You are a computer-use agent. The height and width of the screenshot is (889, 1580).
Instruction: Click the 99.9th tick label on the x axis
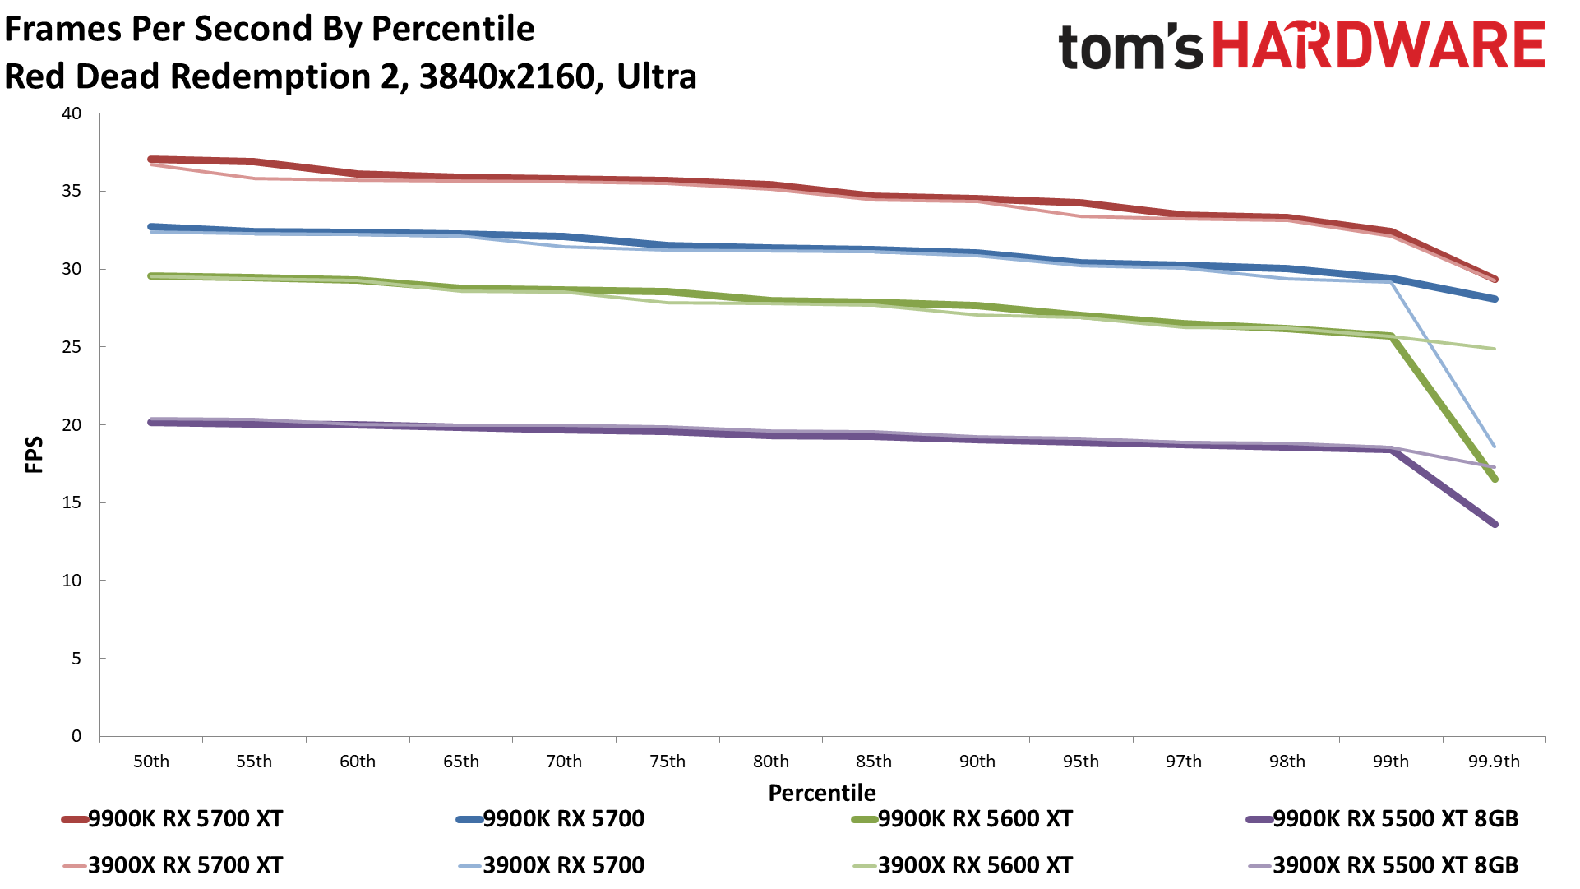[x=1494, y=762]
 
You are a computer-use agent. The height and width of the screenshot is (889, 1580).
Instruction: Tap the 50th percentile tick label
[x=151, y=762]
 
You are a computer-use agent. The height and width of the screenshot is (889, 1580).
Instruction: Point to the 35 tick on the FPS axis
[x=72, y=192]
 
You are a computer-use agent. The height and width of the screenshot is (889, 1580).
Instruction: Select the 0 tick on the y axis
[x=76, y=736]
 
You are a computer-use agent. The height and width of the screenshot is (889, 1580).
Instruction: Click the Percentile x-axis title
[x=822, y=793]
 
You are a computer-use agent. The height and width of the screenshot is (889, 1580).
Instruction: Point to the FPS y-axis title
[x=34, y=455]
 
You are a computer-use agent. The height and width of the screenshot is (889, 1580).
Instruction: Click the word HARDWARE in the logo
[x=1379, y=45]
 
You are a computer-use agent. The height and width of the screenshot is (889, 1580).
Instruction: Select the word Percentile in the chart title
[x=453, y=29]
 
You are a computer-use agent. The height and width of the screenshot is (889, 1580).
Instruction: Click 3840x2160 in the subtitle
[x=506, y=76]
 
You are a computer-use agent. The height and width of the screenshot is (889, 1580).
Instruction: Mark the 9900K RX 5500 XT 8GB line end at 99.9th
[x=1495, y=524]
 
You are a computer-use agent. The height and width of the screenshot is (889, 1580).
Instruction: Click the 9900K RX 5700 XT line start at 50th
[x=151, y=159]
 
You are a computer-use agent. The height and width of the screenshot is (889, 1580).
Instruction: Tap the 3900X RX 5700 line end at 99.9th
[x=1495, y=447]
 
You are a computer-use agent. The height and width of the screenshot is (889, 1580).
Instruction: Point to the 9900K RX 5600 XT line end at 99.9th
[x=1495, y=479]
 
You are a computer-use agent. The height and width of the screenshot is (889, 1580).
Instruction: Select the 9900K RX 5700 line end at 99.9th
[x=1495, y=299]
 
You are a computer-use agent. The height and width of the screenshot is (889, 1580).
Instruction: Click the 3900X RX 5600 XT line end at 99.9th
[x=1495, y=349]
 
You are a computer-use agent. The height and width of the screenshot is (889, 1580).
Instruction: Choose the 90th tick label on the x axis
[x=977, y=762]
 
